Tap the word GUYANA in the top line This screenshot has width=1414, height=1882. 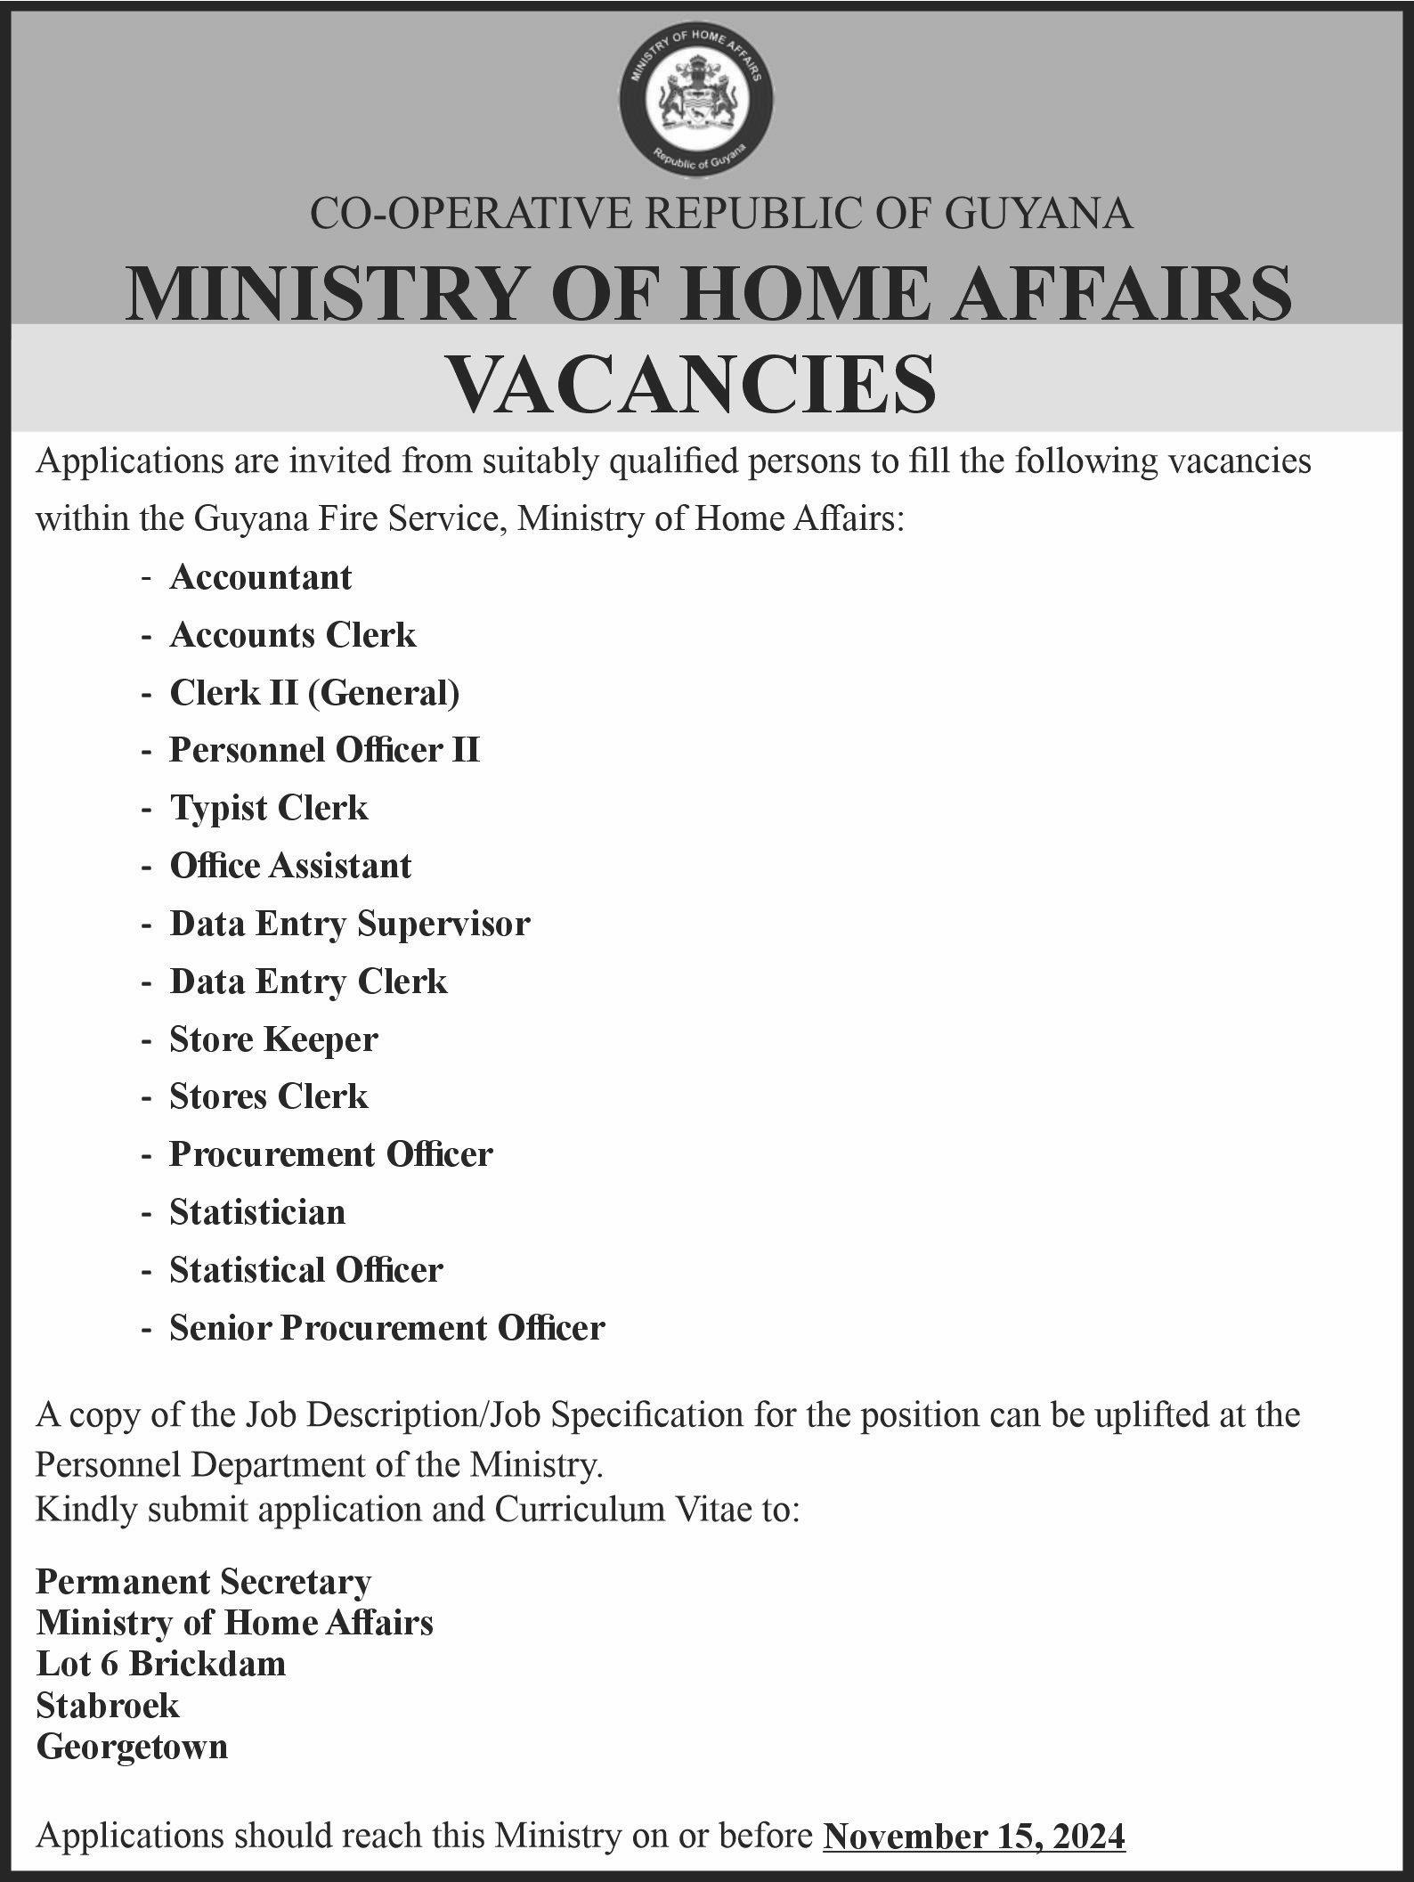click(1038, 215)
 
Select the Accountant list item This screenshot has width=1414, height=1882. click(261, 578)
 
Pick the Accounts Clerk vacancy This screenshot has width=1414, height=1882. click(293, 636)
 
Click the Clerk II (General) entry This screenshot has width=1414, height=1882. click(314, 693)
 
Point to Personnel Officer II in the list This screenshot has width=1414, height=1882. click(324, 751)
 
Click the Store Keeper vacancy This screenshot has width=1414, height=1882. click(273, 1039)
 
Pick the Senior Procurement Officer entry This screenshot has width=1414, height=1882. click(387, 1328)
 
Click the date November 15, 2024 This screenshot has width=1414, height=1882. click(974, 1837)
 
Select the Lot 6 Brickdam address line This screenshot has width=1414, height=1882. click(161, 1664)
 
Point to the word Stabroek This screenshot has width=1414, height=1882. click(108, 1706)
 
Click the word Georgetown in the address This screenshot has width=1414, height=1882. click(132, 1747)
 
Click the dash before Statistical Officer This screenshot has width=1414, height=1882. click(145, 1271)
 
